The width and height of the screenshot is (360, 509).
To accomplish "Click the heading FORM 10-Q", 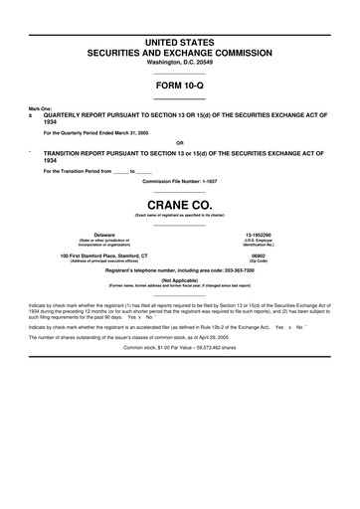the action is point(180,85).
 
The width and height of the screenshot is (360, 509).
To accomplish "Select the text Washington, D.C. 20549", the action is point(180,62).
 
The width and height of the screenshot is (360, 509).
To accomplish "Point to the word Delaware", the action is point(90,235).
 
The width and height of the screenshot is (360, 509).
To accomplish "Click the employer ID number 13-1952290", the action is point(271,235).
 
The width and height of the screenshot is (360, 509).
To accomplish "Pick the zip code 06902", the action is point(271,254).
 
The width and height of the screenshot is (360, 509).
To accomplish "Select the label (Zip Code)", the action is point(271,260).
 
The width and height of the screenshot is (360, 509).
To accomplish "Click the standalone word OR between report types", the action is point(179,142).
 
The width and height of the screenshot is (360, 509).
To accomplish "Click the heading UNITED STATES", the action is point(180,39).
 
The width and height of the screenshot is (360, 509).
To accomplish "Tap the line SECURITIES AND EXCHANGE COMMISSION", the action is point(180,50).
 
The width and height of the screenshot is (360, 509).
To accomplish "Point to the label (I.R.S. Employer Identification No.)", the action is point(271,243).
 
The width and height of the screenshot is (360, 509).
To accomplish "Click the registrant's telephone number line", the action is point(180,271).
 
